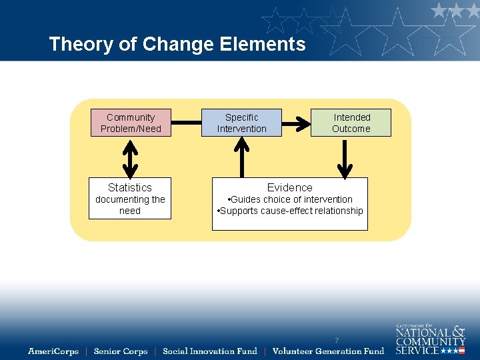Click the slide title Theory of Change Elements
pyautogui.click(x=177, y=44)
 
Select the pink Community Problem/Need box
pyautogui.click(x=131, y=123)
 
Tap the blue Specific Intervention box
pyautogui.click(x=241, y=123)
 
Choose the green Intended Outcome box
pyautogui.click(x=351, y=123)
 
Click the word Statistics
pyautogui.click(x=130, y=187)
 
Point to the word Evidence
pyautogui.click(x=289, y=187)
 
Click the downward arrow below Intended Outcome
pyautogui.click(x=345, y=158)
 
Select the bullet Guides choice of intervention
pyautogui.click(x=290, y=199)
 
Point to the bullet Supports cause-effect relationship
pyautogui.click(x=290, y=211)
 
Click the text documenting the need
pyautogui.click(x=130, y=205)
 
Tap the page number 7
pyautogui.click(x=337, y=341)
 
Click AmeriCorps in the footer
pyautogui.click(x=53, y=351)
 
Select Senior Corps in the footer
pyautogui.click(x=120, y=351)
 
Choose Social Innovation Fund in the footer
pyautogui.click(x=209, y=351)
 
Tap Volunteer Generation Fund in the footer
pyautogui.click(x=328, y=351)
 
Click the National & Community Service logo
pyautogui.click(x=430, y=339)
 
